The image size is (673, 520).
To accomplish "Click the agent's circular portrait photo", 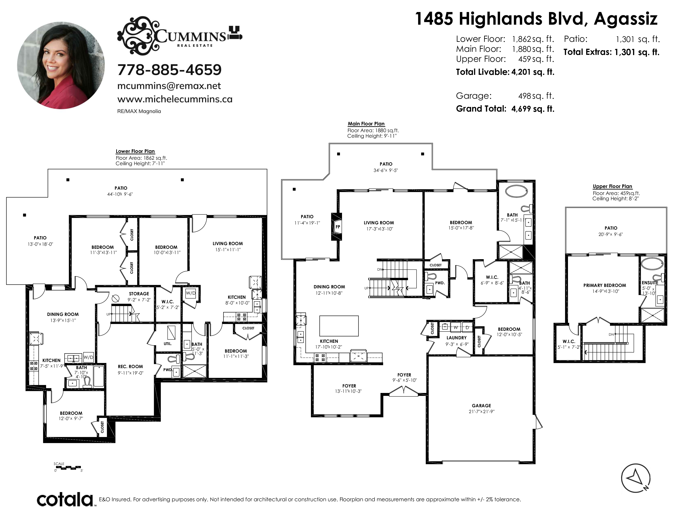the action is [61, 65].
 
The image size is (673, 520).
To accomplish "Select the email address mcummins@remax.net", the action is [169, 86].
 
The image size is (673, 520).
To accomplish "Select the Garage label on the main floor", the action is [481, 405].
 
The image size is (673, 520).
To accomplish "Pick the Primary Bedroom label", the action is [605, 285].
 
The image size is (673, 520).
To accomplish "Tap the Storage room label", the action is [139, 294].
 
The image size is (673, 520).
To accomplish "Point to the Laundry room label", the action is [456, 338].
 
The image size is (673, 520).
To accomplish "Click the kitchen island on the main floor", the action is [339, 326].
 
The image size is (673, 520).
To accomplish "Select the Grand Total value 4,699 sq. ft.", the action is [533, 109].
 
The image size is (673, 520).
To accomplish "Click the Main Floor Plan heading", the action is [366, 124].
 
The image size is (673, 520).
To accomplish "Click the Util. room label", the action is [168, 343].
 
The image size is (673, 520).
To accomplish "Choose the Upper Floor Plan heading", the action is [612, 186].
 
